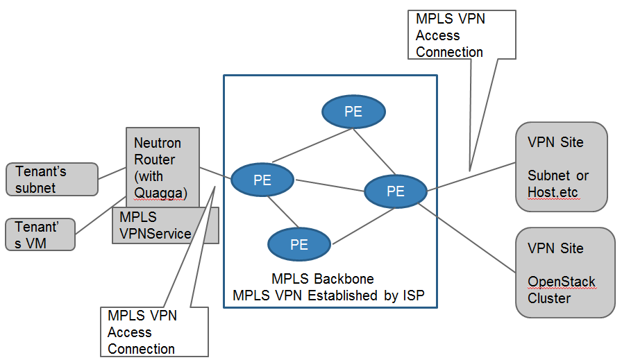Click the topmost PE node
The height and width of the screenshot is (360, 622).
coord(353,112)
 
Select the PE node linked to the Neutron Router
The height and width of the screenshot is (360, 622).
coord(262,180)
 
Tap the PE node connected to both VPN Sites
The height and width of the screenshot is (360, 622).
coord(395,191)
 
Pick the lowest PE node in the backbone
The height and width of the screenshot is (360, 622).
coord(299,244)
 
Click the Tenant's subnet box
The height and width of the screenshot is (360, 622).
coord(51,179)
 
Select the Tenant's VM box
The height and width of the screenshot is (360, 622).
coord(40,234)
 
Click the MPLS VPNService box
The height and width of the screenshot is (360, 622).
coord(165,226)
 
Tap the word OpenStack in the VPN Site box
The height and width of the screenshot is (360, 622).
coord(562,282)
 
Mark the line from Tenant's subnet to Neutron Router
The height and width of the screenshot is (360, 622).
coord(111,171)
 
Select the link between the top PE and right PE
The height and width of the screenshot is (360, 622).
coord(374,149)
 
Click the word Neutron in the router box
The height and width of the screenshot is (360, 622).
coord(158,143)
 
